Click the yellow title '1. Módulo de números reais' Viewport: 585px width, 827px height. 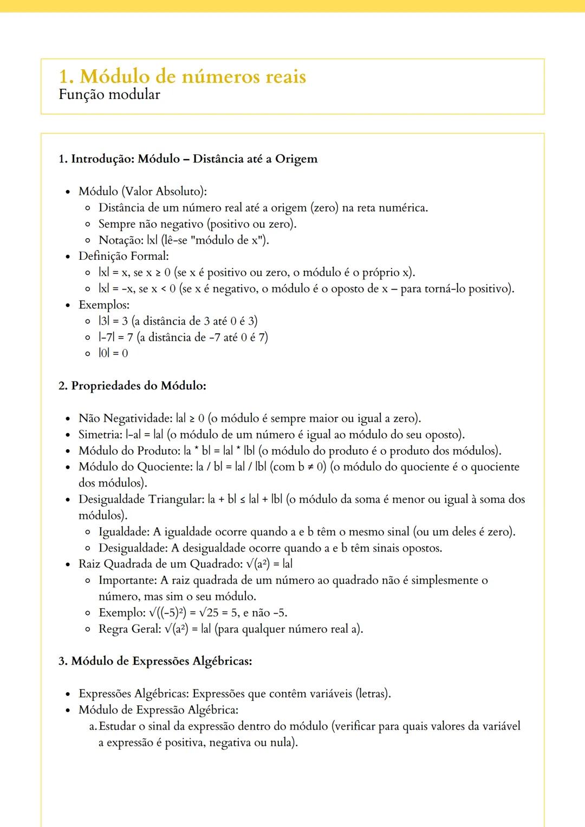tap(182, 76)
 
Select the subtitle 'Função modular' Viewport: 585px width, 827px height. tap(109, 95)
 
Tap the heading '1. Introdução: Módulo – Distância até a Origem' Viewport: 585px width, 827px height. tap(188, 159)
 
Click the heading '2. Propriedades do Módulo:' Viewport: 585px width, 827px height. tap(132, 386)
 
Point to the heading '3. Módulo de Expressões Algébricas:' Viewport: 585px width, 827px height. tap(155, 661)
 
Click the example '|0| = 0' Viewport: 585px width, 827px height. tap(113, 353)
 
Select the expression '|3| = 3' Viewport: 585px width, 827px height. tap(113, 321)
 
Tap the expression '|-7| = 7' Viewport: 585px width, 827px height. tap(115, 337)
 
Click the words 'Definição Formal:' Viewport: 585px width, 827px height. tap(123, 256)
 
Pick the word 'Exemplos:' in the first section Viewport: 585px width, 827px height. tap(104, 305)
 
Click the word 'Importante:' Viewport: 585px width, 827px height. tap(128, 580)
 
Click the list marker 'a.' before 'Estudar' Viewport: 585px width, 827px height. tap(93, 726)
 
